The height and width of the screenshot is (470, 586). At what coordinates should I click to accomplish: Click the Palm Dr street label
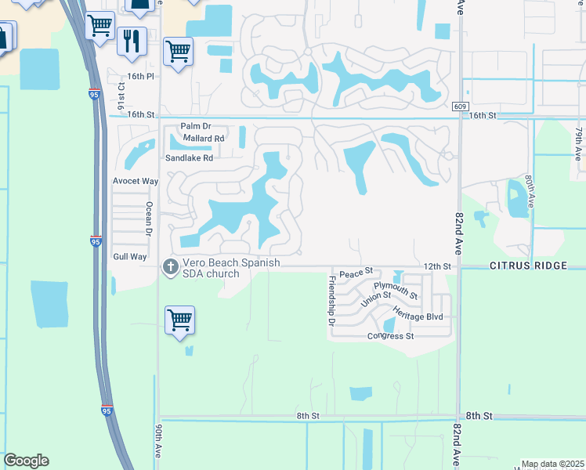click(196, 125)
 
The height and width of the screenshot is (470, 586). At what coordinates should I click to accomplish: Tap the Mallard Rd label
click(203, 139)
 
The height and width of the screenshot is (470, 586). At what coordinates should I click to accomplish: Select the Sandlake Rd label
click(189, 157)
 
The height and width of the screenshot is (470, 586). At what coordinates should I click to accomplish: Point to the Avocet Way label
click(136, 181)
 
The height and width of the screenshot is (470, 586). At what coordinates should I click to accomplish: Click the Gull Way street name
click(130, 256)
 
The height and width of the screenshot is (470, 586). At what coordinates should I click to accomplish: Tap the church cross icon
click(169, 267)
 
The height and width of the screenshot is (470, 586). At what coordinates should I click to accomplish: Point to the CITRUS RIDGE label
click(528, 266)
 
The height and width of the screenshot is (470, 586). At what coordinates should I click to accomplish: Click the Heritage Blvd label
click(418, 316)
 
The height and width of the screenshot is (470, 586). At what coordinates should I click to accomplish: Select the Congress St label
click(391, 336)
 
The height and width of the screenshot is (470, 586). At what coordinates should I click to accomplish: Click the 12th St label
click(438, 266)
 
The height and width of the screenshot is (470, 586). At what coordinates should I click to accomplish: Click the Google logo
click(26, 461)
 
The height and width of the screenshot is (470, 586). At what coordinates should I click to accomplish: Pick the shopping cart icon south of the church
click(179, 320)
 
